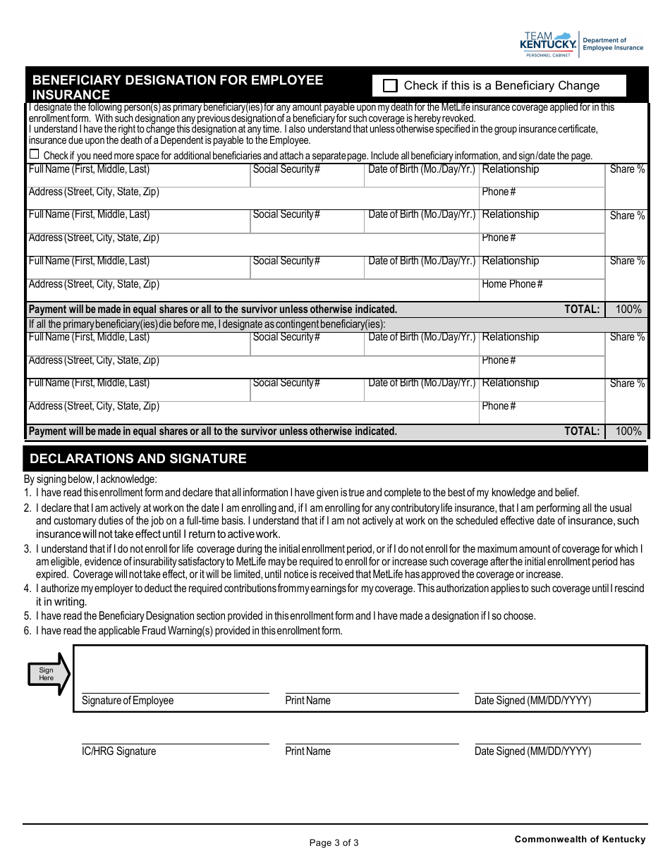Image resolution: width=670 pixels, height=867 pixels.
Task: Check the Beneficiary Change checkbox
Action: (390, 86)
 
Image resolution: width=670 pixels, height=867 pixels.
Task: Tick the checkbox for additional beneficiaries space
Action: (34, 155)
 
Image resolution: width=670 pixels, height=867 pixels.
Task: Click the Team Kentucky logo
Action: (548, 44)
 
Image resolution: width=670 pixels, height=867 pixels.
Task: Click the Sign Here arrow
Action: (49, 674)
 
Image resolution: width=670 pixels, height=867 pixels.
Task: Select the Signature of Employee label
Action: (127, 701)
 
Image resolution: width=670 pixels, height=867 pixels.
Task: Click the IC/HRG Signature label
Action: (118, 751)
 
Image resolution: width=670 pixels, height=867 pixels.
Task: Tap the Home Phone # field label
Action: (512, 284)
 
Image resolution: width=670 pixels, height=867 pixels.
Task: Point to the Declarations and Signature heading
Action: (138, 459)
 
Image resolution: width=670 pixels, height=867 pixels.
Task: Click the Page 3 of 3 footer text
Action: (334, 842)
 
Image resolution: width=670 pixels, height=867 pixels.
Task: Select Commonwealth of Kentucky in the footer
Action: (580, 839)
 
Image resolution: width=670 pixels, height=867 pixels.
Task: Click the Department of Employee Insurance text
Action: (613, 44)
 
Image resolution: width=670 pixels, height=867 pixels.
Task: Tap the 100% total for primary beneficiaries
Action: (628, 309)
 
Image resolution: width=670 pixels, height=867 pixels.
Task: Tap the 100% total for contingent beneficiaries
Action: (628, 431)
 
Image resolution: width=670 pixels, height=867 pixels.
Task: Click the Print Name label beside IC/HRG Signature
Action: (307, 751)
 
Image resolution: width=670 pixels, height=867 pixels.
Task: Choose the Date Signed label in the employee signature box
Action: (532, 701)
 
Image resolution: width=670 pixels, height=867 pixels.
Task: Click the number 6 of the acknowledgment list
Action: (27, 631)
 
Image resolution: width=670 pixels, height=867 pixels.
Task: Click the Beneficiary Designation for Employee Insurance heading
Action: (178, 87)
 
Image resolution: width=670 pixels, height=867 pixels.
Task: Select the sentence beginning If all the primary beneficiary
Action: (207, 324)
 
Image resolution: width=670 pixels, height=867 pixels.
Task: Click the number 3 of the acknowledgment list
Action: (27, 549)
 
